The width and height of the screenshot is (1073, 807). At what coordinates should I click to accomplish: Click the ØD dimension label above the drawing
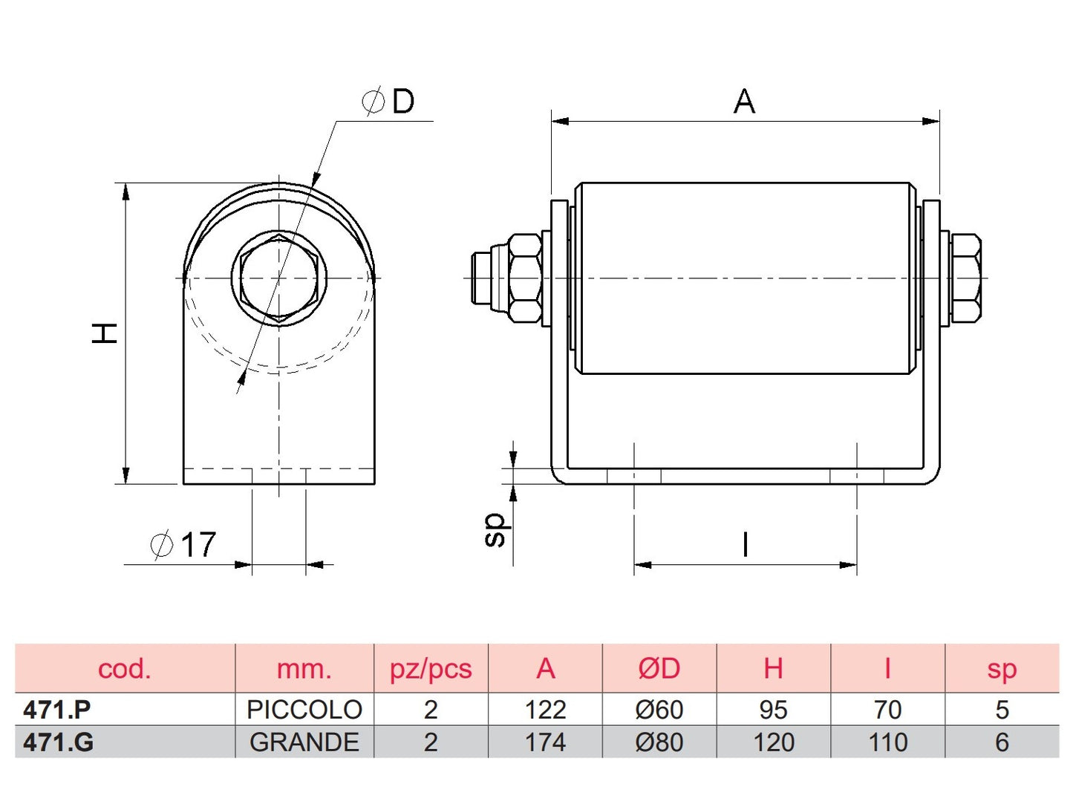(388, 101)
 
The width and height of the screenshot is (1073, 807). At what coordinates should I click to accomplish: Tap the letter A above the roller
(744, 102)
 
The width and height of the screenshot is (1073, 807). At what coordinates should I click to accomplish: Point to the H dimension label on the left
(105, 333)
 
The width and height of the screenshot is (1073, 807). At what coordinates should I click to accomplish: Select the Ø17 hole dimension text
(183, 545)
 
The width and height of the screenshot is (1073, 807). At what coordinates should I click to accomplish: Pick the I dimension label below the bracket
(745, 545)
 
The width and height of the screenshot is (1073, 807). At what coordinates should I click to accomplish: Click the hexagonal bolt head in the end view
(279, 278)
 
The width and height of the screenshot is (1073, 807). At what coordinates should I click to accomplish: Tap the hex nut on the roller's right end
(965, 278)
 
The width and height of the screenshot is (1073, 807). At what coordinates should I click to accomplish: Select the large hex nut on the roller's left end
(524, 278)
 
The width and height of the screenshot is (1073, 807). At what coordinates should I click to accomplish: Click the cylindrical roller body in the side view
(745, 278)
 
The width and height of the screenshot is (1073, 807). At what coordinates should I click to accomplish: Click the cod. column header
(124, 669)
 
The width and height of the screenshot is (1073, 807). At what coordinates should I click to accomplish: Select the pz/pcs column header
(431, 669)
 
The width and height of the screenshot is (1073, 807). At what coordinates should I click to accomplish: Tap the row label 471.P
(57, 710)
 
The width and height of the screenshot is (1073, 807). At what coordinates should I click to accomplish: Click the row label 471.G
(58, 742)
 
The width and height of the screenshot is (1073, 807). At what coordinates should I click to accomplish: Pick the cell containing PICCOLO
(304, 710)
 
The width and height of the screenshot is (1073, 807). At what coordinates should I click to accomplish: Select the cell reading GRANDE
(304, 742)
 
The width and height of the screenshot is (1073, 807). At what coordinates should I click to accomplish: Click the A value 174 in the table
(545, 742)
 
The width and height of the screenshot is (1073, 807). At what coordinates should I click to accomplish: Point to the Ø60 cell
(659, 710)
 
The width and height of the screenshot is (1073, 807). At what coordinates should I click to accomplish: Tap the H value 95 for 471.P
(773, 710)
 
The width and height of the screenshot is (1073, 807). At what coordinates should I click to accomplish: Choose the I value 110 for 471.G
(887, 742)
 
